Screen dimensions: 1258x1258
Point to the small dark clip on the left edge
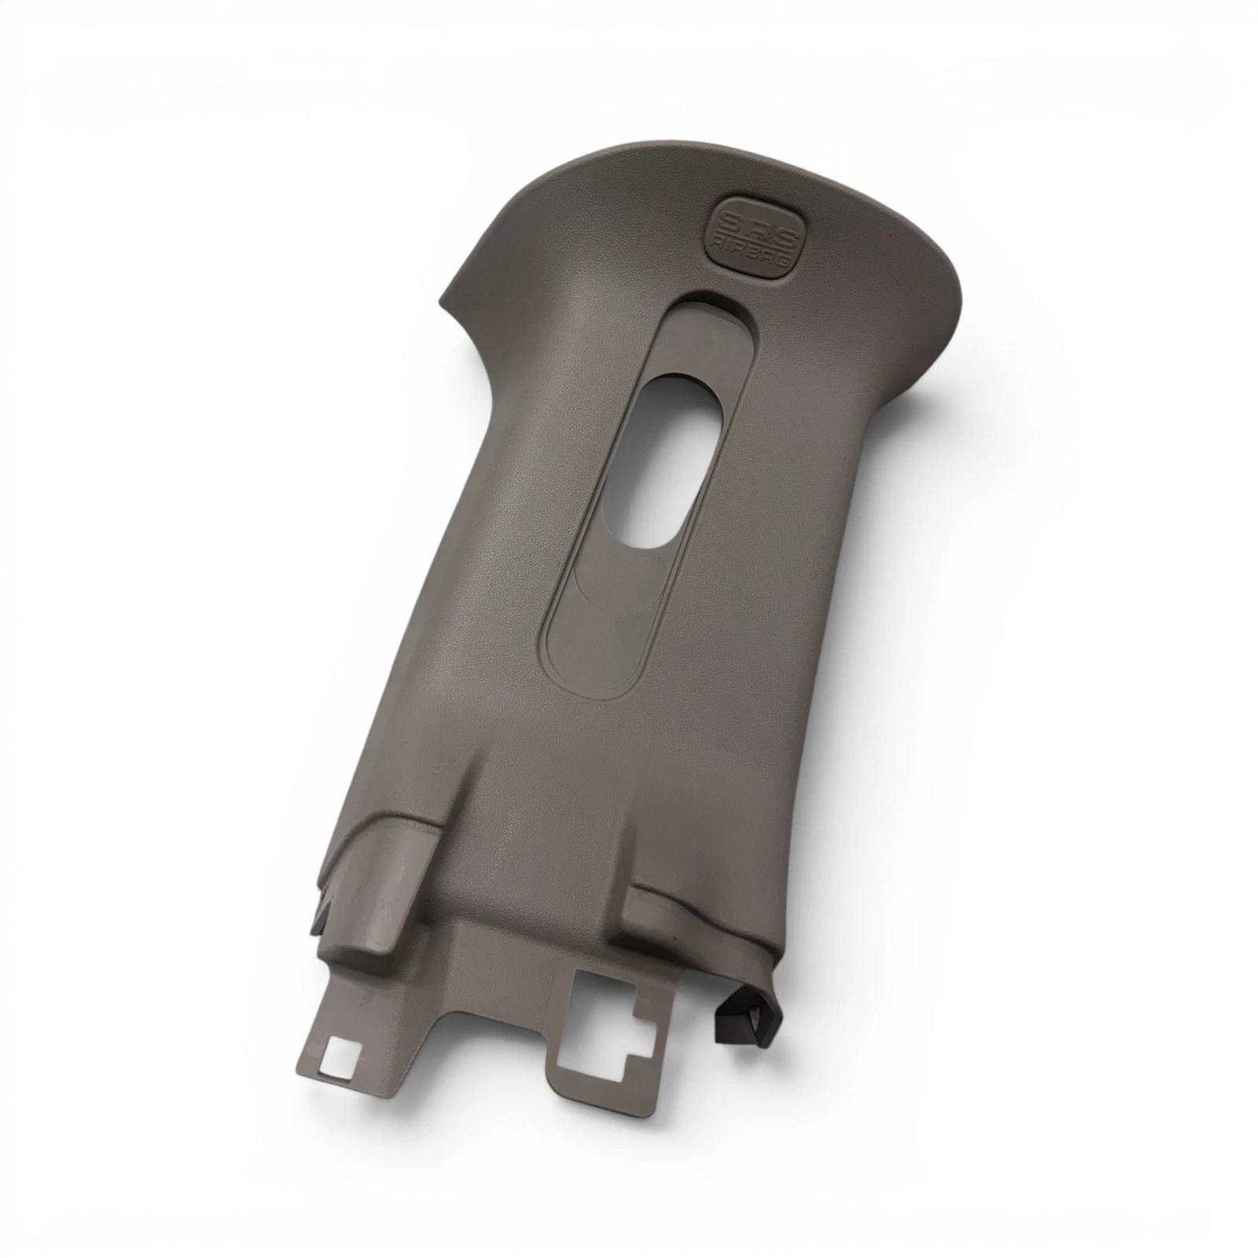tap(324, 909)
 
